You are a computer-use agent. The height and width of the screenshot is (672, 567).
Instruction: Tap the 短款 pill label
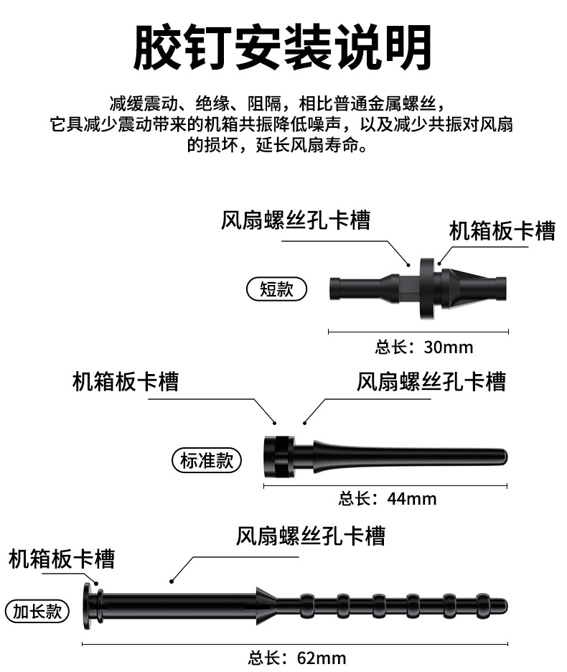click(276, 289)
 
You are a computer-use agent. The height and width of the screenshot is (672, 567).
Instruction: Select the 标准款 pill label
click(207, 459)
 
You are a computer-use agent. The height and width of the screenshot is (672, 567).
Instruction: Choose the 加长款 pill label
click(37, 611)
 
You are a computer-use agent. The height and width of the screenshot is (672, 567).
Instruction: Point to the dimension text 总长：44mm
click(387, 498)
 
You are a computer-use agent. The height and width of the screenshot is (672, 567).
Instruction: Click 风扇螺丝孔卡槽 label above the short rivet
click(295, 220)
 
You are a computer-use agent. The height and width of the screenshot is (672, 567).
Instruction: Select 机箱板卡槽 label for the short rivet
click(502, 231)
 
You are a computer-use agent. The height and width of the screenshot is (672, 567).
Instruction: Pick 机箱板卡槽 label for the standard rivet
click(126, 381)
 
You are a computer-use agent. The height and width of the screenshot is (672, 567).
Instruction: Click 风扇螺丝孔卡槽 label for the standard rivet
click(431, 381)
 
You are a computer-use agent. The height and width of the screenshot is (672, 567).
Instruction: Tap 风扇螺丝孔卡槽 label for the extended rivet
click(310, 536)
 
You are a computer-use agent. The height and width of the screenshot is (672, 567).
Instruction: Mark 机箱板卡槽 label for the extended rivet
click(62, 559)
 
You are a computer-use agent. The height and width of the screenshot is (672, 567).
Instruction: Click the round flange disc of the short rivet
click(427, 289)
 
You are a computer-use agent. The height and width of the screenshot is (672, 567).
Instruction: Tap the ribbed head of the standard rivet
click(278, 457)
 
